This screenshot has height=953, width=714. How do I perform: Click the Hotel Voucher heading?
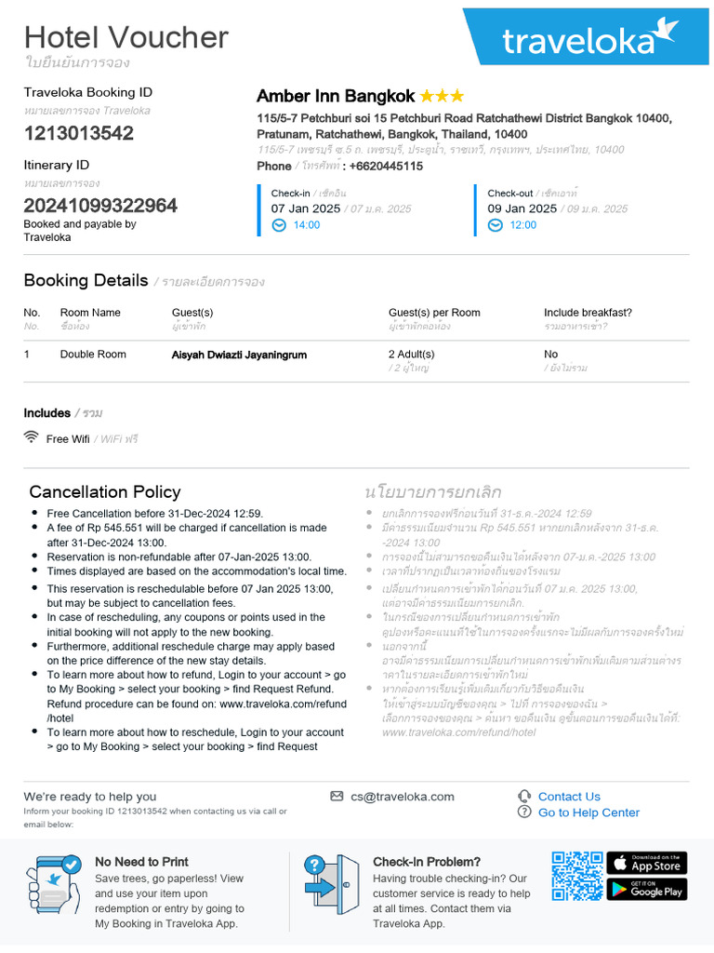point(126,37)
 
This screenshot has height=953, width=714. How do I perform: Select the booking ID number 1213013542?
point(79,133)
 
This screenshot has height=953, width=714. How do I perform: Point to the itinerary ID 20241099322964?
point(100,206)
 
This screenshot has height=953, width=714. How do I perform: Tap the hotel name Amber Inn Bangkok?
point(336,97)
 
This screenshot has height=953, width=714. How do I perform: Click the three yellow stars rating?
point(443,97)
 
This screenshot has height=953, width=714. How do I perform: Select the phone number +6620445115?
point(386,166)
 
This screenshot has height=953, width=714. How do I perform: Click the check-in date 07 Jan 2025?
point(306,208)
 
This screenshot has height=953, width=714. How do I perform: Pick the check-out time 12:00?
point(523,225)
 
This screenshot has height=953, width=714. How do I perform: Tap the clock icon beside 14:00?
point(279,225)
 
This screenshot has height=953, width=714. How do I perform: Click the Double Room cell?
point(93,355)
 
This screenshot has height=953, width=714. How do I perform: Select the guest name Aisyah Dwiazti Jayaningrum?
point(239,355)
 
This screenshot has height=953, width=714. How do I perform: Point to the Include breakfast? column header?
point(588,313)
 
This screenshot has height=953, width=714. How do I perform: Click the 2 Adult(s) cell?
point(411,355)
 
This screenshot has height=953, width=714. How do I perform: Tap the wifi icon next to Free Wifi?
point(32,437)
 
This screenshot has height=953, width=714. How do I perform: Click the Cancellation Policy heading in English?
point(105,491)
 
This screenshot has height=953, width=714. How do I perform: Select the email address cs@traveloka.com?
point(403,797)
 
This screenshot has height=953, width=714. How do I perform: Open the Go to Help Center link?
point(588,812)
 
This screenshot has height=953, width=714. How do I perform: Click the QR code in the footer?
point(576,876)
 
